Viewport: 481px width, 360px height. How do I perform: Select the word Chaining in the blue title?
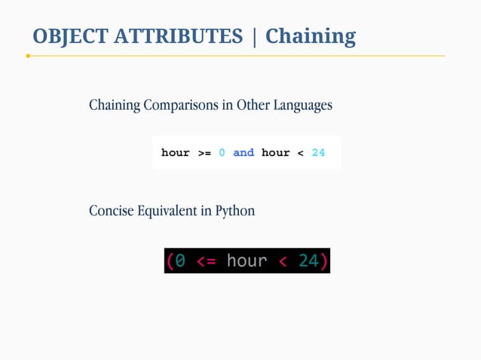coord(310,36)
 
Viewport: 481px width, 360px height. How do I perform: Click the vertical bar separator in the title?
coord(255,36)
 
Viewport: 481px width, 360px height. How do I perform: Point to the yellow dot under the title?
coord(28,56)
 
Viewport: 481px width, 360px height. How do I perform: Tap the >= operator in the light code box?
coord(204,153)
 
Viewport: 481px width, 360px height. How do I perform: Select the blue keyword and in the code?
coord(244,153)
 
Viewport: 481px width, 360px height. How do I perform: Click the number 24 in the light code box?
coord(318,153)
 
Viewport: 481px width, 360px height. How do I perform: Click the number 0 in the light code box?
coord(222,153)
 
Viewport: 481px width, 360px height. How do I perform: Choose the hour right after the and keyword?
coord(275,153)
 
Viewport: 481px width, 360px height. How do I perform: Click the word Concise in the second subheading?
coord(111,211)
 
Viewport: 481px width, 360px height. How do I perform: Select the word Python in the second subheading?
coord(235,211)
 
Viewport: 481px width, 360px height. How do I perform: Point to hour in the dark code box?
coord(247,261)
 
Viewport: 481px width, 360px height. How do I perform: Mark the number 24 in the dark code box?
coord(308,261)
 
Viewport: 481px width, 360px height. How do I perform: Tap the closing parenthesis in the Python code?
coord(324,261)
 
